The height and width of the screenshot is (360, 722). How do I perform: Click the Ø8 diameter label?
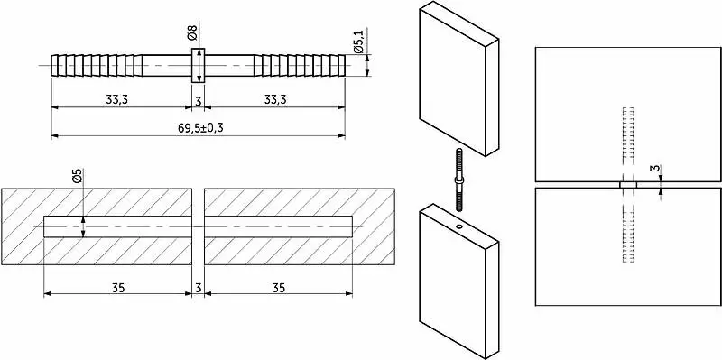tap(192, 34)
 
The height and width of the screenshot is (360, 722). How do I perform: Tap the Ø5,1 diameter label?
tap(359, 41)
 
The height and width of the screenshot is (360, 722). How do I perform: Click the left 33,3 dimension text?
tap(117, 100)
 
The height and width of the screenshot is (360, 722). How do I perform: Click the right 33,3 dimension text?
tap(275, 100)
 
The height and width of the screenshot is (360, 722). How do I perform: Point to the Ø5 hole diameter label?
tap(78, 176)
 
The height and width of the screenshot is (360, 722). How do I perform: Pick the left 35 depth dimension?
tap(118, 288)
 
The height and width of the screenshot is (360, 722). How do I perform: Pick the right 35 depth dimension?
tap(278, 288)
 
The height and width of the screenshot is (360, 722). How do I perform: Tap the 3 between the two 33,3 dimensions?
tap(198, 101)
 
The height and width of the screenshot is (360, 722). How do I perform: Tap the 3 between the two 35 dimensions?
tap(198, 288)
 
